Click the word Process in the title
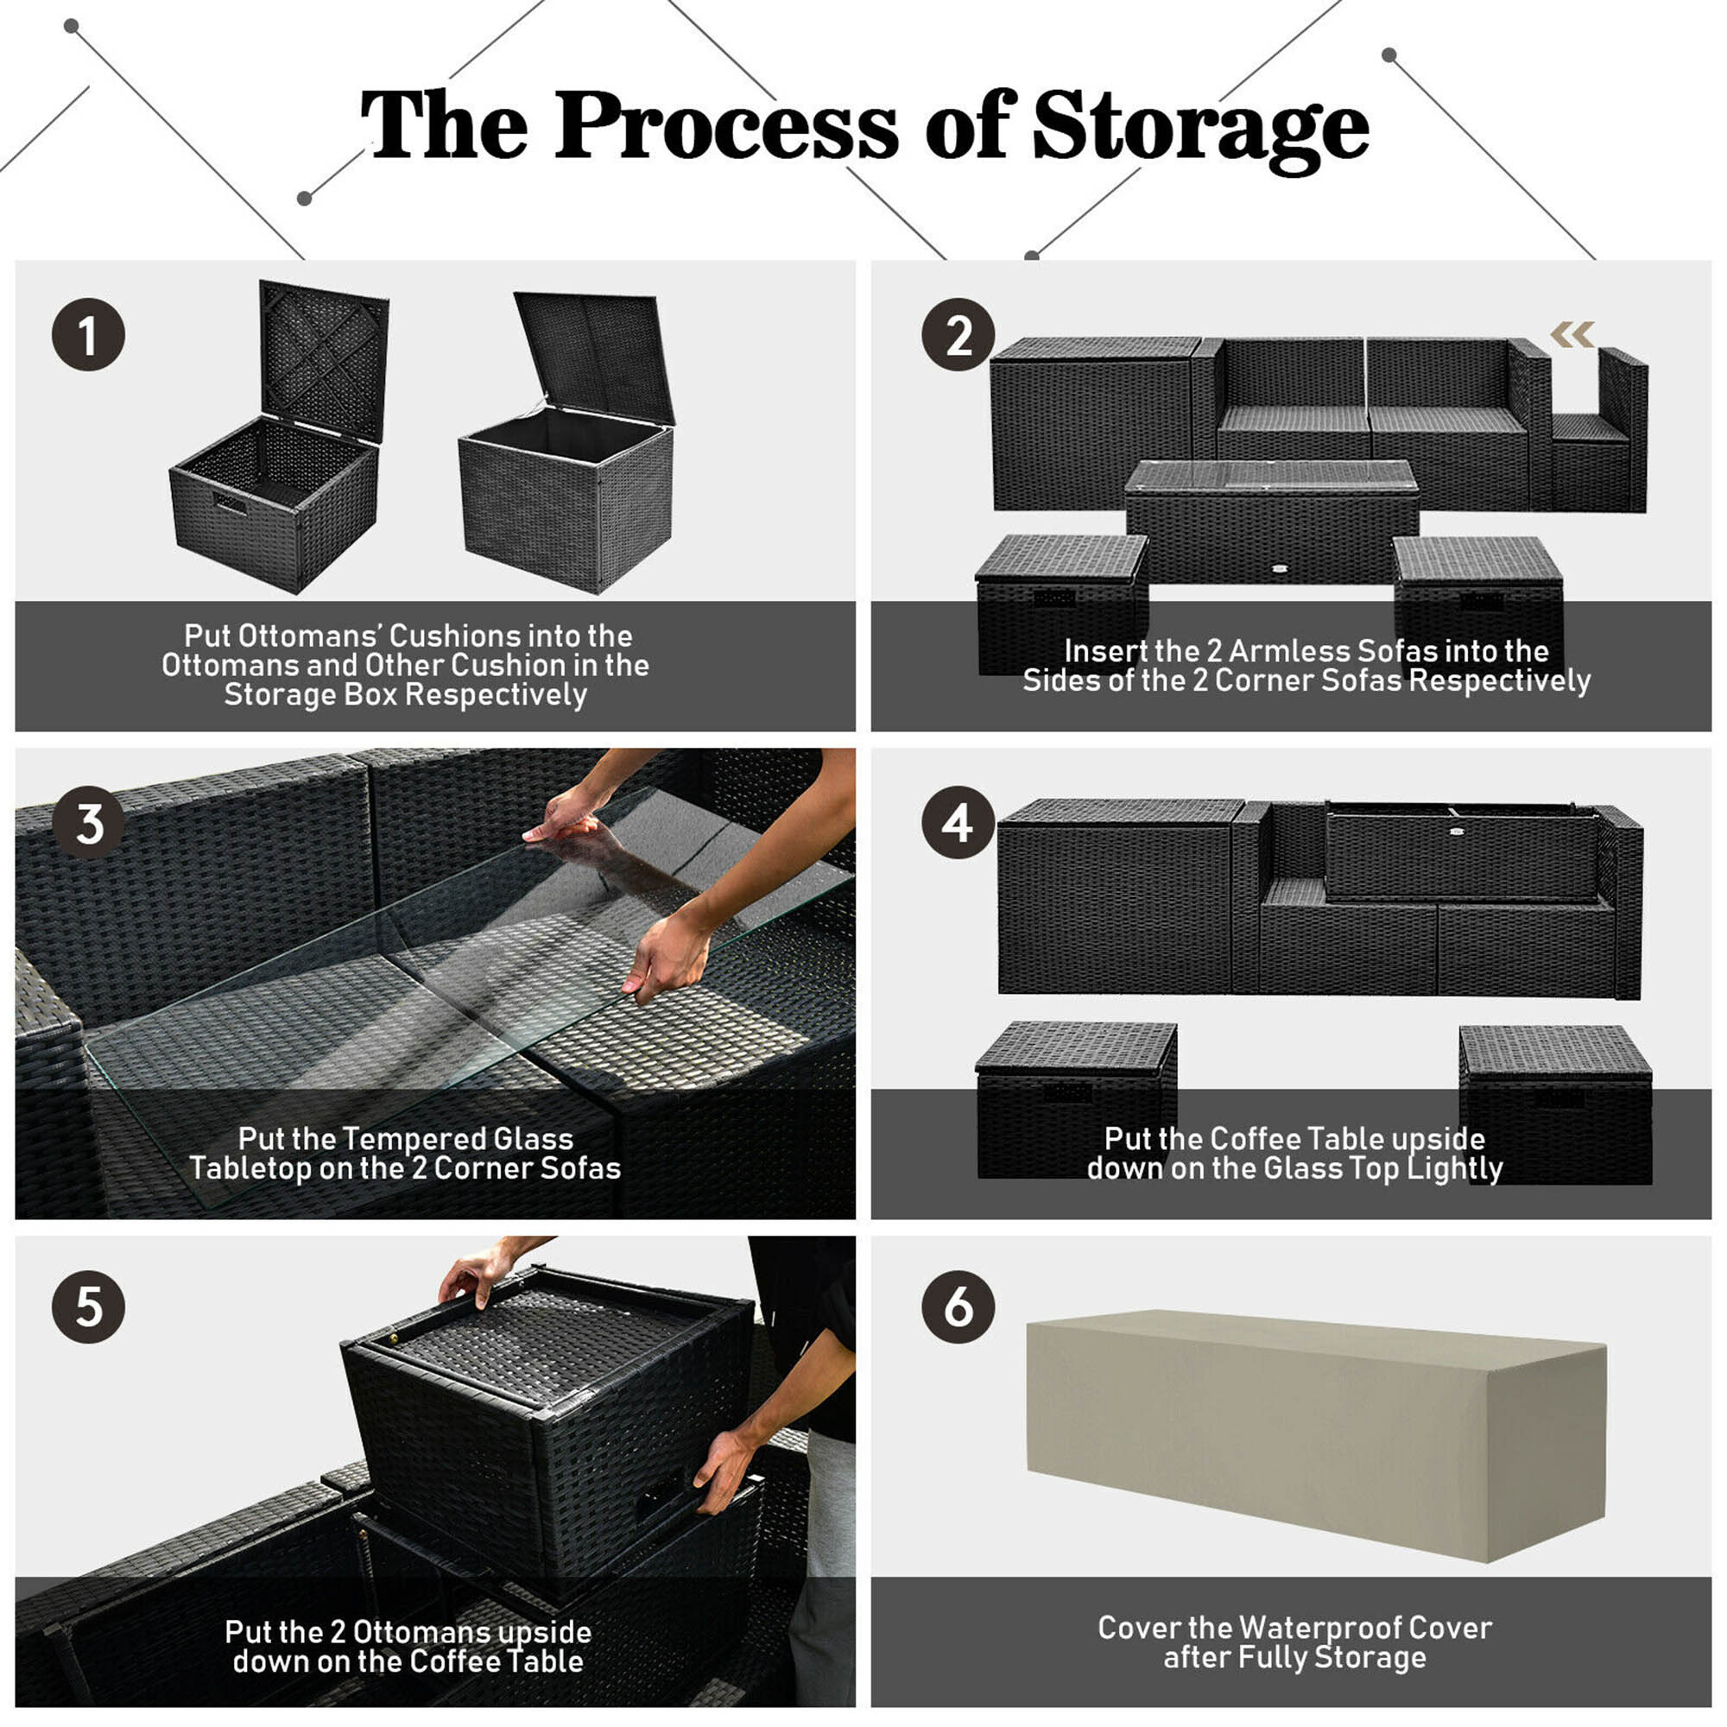point(726,128)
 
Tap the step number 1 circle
point(87,335)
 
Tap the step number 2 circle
point(958,335)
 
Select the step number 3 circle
point(87,822)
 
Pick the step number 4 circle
point(958,822)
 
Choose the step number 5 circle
point(87,1306)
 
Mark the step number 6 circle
point(958,1306)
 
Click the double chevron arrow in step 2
point(1572,334)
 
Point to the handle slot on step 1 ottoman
point(230,503)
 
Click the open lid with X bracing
point(324,357)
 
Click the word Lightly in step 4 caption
point(1454,1168)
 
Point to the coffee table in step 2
point(1271,518)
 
